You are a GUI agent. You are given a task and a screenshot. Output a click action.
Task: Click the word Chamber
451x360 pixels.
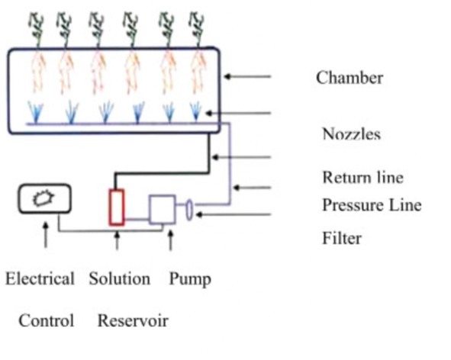click(x=350, y=78)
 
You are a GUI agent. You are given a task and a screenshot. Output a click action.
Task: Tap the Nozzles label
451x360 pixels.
click(x=352, y=134)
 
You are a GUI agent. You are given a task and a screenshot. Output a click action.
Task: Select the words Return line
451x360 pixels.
click(x=362, y=177)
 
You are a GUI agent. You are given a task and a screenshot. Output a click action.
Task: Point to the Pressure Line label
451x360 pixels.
click(x=372, y=205)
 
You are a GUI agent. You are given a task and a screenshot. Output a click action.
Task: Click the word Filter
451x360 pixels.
click(x=342, y=238)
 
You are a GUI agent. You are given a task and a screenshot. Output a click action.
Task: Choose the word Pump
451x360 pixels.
click(x=190, y=279)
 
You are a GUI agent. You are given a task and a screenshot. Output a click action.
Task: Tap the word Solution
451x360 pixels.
click(x=120, y=278)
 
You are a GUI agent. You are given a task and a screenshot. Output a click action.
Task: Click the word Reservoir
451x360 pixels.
click(x=133, y=320)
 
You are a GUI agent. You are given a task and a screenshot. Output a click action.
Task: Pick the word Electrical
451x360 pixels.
click(x=40, y=278)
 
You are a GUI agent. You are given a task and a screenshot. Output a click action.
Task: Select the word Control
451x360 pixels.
click(x=47, y=320)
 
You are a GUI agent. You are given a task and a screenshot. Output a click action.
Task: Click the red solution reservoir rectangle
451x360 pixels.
click(x=117, y=207)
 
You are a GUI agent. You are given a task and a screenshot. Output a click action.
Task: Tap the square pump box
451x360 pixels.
click(x=163, y=209)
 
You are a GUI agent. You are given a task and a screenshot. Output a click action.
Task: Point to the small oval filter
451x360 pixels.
click(x=189, y=211)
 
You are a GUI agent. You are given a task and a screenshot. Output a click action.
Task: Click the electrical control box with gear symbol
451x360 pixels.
click(x=45, y=199)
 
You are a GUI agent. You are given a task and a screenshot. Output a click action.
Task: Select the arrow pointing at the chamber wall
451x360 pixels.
click(x=247, y=76)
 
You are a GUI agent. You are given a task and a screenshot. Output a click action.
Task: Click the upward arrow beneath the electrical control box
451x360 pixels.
click(x=46, y=235)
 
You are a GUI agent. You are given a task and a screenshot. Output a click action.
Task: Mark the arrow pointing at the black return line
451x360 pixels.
click(x=241, y=157)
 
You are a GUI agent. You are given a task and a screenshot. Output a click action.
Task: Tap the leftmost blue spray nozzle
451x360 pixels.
click(x=35, y=112)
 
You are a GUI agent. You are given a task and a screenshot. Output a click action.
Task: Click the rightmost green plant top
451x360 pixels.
click(x=197, y=29)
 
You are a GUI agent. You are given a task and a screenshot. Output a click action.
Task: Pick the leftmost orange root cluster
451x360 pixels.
click(x=37, y=72)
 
